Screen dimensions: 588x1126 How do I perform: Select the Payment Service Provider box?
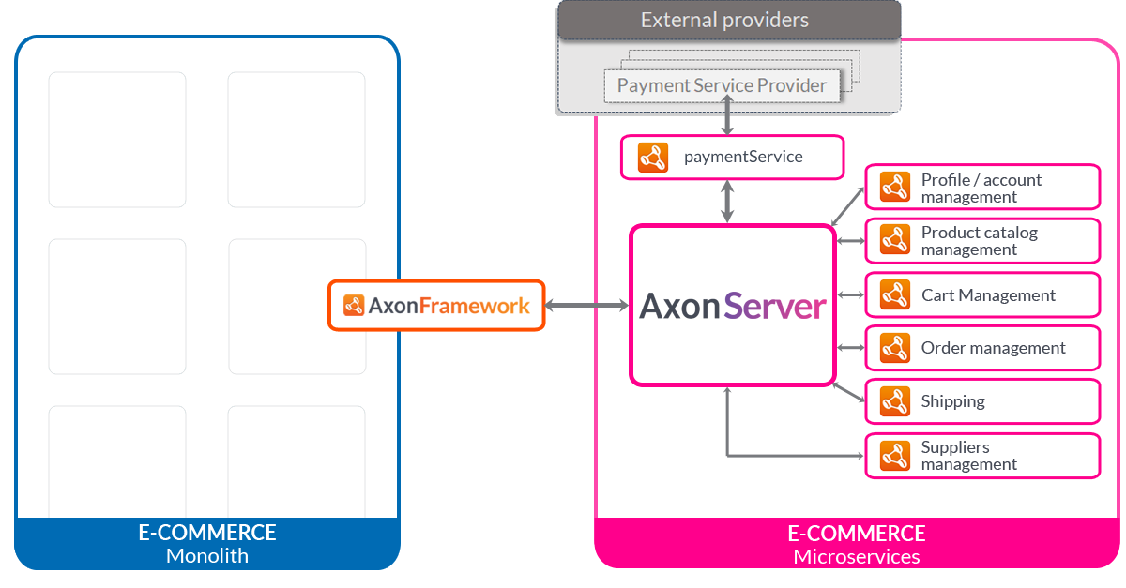[x=722, y=86]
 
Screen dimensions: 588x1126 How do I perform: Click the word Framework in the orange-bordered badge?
[x=474, y=305]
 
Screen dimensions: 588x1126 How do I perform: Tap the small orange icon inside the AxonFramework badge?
[x=354, y=305]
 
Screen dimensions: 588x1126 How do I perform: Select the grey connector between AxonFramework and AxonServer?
[x=587, y=305]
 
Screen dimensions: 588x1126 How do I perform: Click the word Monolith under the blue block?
[x=207, y=555]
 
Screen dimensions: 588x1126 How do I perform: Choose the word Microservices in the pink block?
[x=857, y=557]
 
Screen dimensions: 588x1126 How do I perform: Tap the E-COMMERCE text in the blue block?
[x=207, y=533]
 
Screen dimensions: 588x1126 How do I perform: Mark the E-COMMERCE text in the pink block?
[x=857, y=534]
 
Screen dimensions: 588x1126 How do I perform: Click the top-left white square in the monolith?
[x=116, y=139]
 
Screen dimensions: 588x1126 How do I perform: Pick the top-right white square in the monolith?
[x=296, y=139]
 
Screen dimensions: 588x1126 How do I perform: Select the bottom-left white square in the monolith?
[x=116, y=460]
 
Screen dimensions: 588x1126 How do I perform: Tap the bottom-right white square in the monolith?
[x=296, y=460]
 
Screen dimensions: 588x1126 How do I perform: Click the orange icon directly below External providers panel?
[x=652, y=158]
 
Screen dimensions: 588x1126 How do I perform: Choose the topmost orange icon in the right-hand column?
[x=895, y=188]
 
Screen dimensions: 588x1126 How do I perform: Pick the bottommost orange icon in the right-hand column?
[x=895, y=456]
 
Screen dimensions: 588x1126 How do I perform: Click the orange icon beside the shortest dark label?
[x=895, y=402]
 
